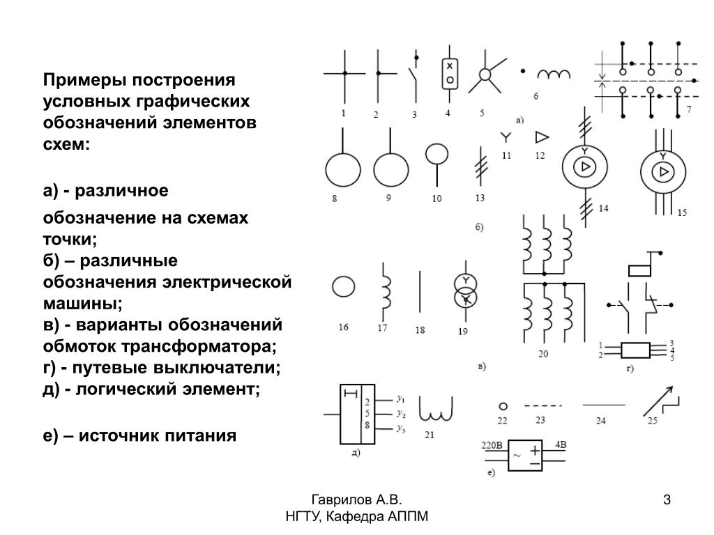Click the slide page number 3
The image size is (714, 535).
click(x=667, y=499)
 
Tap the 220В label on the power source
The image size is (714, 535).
click(x=492, y=444)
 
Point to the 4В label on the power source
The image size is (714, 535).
click(x=560, y=444)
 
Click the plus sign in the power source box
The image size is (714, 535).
click(x=535, y=450)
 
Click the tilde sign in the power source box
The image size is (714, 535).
click(x=517, y=457)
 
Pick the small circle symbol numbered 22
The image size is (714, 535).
click(x=502, y=406)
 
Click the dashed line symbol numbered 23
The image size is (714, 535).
click(x=542, y=405)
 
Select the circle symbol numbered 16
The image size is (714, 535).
click(x=342, y=286)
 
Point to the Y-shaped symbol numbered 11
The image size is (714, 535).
click(x=506, y=137)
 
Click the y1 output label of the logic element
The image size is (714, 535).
click(x=402, y=400)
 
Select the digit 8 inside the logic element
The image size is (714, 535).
click(x=367, y=426)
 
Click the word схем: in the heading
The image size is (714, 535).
click(x=66, y=145)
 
